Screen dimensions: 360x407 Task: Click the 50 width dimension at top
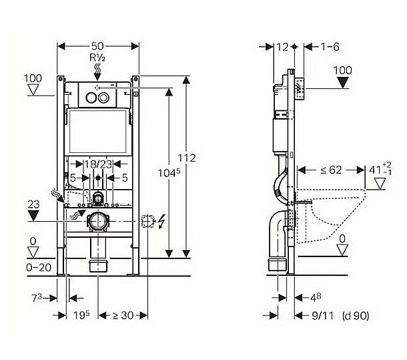click(x=97, y=46)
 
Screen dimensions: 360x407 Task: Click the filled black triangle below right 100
click(x=344, y=82)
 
